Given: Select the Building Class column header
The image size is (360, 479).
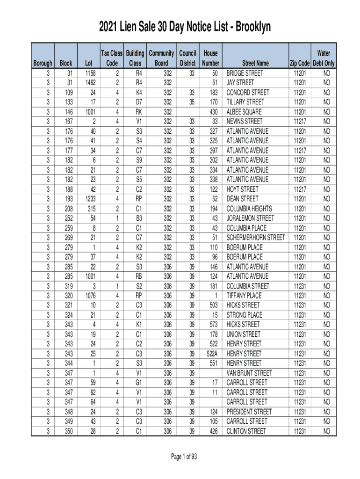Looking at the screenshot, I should click(x=135, y=58).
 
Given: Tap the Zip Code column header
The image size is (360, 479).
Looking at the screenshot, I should click(x=299, y=63).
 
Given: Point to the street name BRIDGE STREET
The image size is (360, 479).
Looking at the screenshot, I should click(x=245, y=73).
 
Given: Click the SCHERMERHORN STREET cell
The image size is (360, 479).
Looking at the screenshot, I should click(x=255, y=238).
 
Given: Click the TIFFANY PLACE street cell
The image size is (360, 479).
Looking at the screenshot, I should click(x=244, y=296).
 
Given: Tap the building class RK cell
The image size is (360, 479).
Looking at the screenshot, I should click(x=139, y=112).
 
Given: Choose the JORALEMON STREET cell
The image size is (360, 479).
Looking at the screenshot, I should click(x=251, y=218).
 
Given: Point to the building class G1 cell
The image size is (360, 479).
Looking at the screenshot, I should click(x=139, y=383).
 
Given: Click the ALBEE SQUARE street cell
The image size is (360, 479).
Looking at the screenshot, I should click(x=244, y=112).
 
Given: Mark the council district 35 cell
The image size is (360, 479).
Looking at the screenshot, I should click(x=192, y=102).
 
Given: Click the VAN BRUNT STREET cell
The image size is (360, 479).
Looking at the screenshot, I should click(x=249, y=373).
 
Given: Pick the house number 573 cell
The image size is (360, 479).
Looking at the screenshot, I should click(x=213, y=325).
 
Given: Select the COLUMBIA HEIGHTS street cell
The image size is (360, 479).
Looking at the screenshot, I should click(x=249, y=209).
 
